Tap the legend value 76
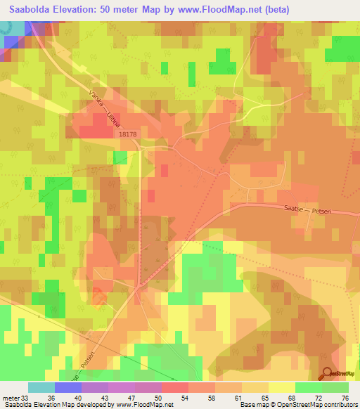pyautogui.click(x=345, y=398)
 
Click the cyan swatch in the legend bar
pyautogui.click(x=41, y=387)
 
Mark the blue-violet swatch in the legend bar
pyautogui.click(x=68, y=387)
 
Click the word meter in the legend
pyautogui.click(x=11, y=398)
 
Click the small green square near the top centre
pyautogui.click(x=165, y=67)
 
